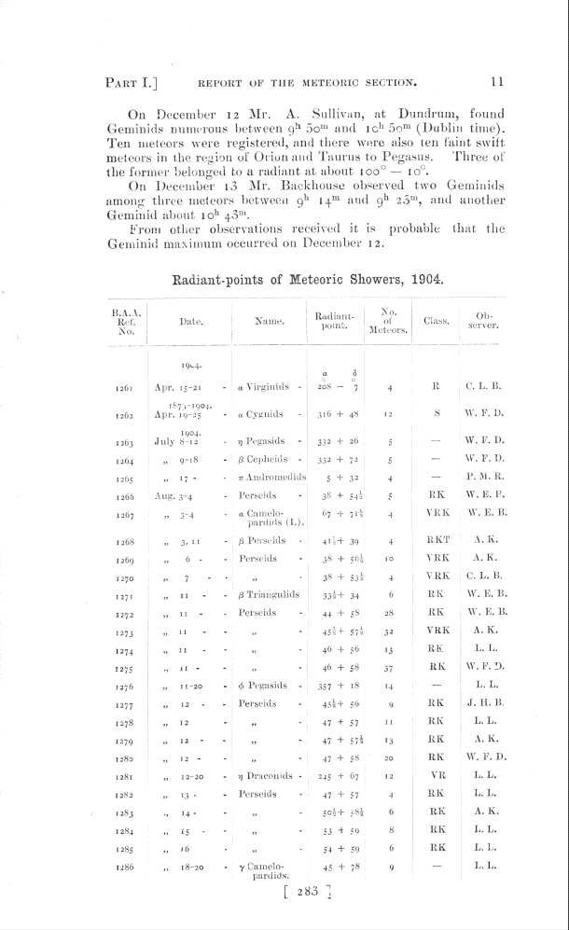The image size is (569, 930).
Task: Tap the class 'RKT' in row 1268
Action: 437,540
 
